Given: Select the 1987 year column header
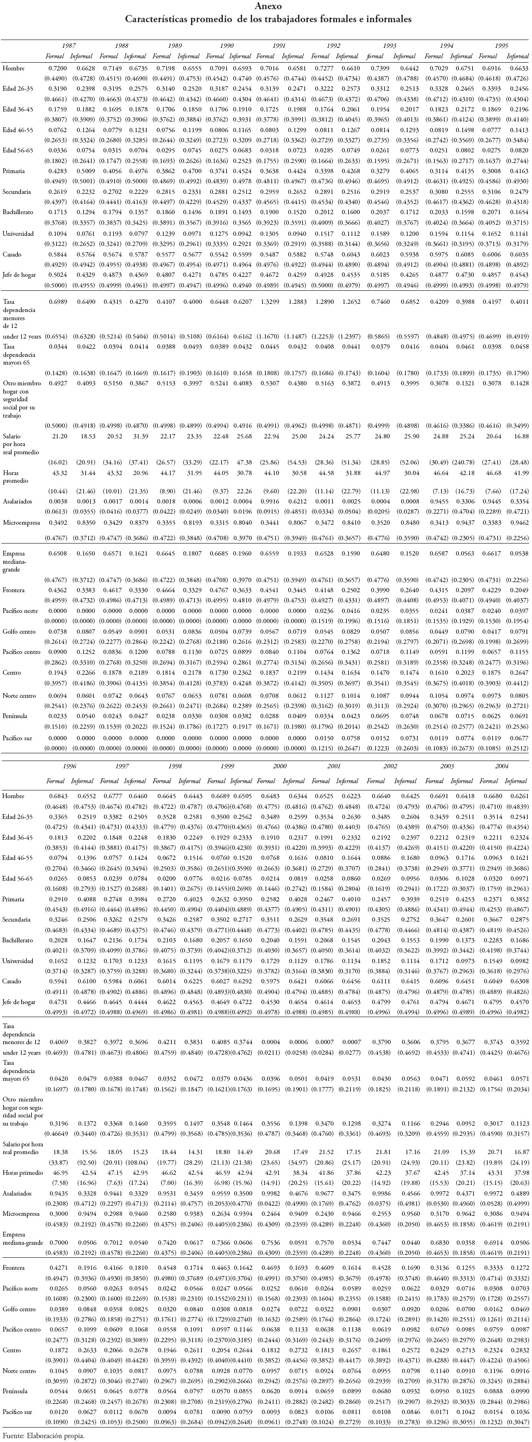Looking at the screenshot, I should pyautogui.click(x=69, y=45).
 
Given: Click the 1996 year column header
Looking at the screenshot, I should pyautogui.click(x=69, y=766).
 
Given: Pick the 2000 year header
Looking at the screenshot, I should pyautogui.click(x=279, y=766).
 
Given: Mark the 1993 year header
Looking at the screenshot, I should pyautogui.click(x=389, y=45).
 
